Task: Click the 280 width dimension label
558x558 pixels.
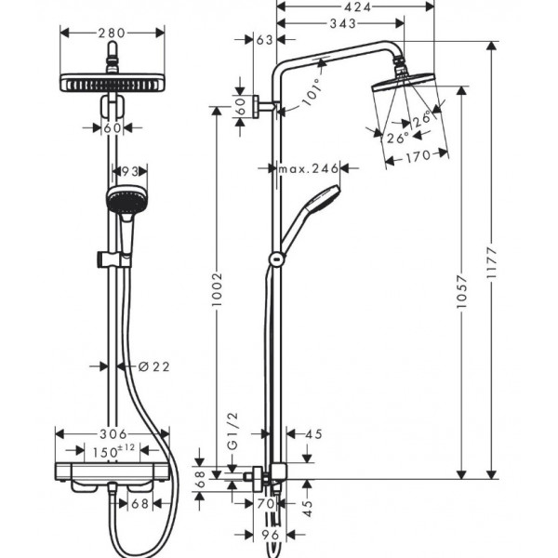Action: (x=112, y=33)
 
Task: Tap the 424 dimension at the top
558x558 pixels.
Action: (x=358, y=7)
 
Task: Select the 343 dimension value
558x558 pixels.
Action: (x=342, y=23)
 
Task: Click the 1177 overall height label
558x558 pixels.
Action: (x=491, y=263)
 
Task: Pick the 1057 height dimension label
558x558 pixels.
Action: (x=461, y=292)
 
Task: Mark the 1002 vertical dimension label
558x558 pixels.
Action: (x=217, y=289)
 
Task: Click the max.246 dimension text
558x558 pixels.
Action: (x=308, y=168)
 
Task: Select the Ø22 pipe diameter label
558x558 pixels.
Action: (x=154, y=366)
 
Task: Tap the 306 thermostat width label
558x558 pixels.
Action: (x=113, y=434)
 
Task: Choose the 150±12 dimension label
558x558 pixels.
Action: (x=113, y=451)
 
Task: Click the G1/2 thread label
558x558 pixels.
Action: (x=232, y=431)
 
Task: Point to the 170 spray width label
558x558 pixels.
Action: (x=418, y=156)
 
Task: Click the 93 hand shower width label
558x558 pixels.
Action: (x=130, y=172)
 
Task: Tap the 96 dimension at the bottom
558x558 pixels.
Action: (x=270, y=535)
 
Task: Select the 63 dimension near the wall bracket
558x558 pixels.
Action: (x=264, y=40)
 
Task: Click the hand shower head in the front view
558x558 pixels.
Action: (x=126, y=199)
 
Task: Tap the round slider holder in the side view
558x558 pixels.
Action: (x=276, y=259)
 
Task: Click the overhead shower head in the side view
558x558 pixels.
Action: (x=404, y=82)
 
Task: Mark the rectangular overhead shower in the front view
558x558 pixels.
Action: (x=113, y=84)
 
